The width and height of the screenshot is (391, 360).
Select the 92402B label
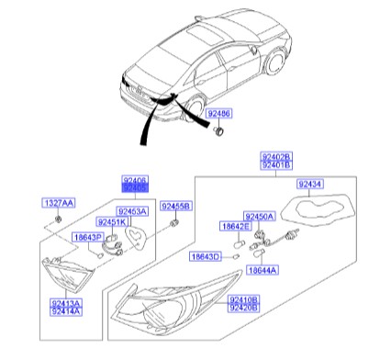pyautogui.click(x=275, y=157)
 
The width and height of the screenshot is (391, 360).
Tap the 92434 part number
pyautogui.click(x=316, y=185)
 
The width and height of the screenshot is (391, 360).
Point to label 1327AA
pyautogui.click(x=58, y=202)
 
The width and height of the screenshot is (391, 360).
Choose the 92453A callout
pyautogui.click(x=134, y=211)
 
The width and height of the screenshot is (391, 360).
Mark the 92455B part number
pyautogui.click(x=175, y=207)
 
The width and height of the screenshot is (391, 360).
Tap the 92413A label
pyautogui.click(x=64, y=302)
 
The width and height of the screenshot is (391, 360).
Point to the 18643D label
pyautogui.click(x=204, y=255)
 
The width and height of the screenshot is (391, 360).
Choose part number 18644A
pyautogui.click(x=263, y=269)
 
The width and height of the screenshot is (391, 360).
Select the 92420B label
pyautogui.click(x=243, y=309)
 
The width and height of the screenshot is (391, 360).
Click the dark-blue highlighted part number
pyautogui.click(x=135, y=187)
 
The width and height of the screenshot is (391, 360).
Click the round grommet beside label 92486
pyautogui.click(x=218, y=133)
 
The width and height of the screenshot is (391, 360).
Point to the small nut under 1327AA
pyautogui.click(x=58, y=219)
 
